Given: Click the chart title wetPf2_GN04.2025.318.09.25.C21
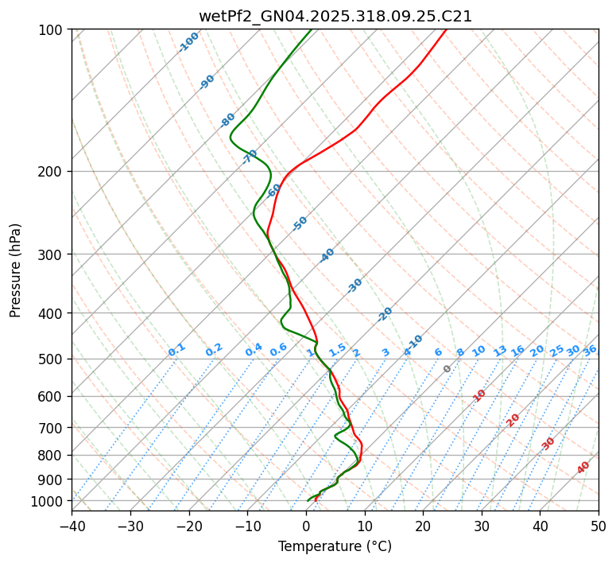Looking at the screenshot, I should click(x=335, y=16).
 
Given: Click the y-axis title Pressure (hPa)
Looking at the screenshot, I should click(x=15, y=270).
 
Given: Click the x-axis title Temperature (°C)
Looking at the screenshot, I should click(x=335, y=547).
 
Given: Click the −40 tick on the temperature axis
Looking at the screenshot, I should click(x=72, y=526).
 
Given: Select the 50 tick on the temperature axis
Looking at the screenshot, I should click(x=599, y=526).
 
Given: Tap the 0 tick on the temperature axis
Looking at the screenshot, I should click(x=306, y=526).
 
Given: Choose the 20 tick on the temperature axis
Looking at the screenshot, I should click(x=423, y=526).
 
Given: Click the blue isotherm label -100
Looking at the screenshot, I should click(x=188, y=42).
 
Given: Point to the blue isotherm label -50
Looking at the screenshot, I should click(x=300, y=223).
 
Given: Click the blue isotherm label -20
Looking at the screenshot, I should click(x=385, y=314).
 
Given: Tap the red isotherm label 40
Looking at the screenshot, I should click(x=583, y=468).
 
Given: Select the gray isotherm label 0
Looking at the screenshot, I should click(x=447, y=369).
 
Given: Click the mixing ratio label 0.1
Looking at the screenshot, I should click(x=176, y=350).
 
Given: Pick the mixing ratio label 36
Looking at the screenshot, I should click(x=590, y=350).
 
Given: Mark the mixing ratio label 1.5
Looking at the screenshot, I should click(x=338, y=349).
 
